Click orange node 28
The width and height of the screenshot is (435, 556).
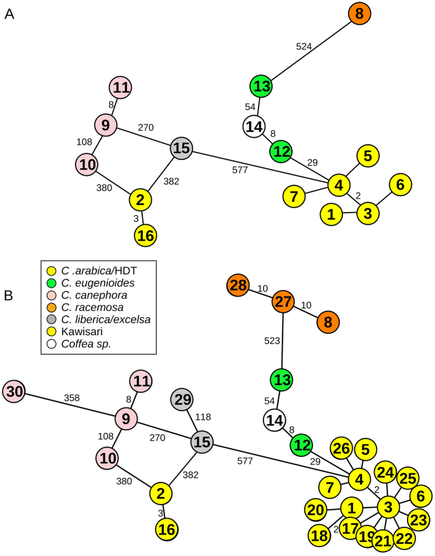(x=239, y=286)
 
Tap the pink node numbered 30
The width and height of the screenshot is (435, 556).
(x=15, y=392)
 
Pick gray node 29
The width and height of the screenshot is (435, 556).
(x=184, y=400)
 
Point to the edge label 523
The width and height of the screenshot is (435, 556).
(x=272, y=341)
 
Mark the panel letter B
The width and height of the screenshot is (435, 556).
(x=10, y=295)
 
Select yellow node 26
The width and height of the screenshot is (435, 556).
(x=342, y=449)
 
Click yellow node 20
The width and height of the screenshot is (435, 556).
(x=316, y=510)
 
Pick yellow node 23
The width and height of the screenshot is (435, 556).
(x=417, y=519)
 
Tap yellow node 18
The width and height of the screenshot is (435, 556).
(x=320, y=535)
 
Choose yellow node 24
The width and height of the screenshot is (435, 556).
(x=385, y=473)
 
